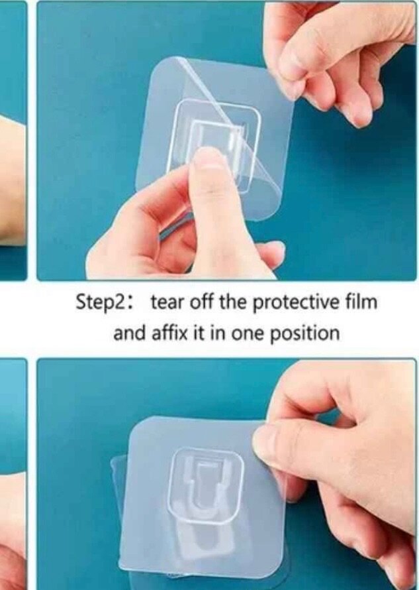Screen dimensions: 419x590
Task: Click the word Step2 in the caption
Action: coord(99,302)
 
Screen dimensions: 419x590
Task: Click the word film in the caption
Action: coord(363,302)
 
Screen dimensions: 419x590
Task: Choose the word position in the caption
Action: coord(306,333)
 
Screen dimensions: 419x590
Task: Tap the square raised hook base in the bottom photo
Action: coord(205,485)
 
